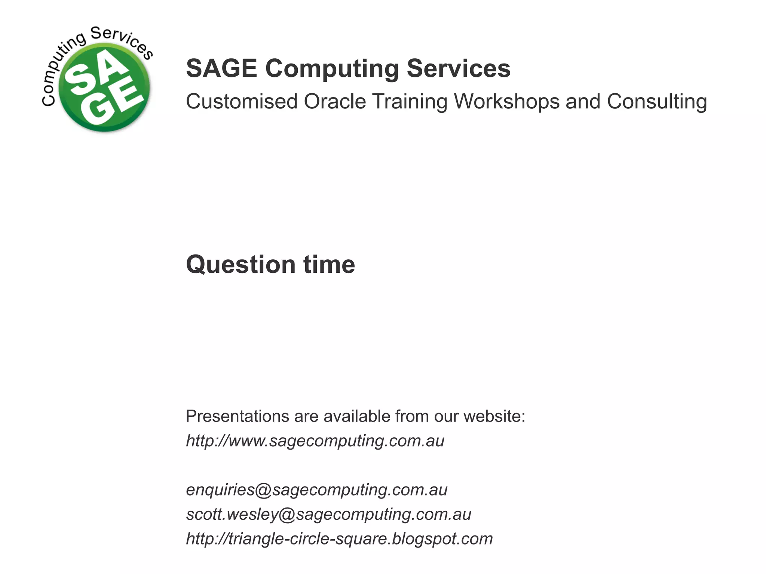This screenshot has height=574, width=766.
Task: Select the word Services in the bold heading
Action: point(459,68)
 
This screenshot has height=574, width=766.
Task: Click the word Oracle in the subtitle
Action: point(335,101)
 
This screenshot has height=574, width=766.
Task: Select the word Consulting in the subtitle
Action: point(657,102)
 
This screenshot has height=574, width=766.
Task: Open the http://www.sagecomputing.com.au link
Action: point(315,441)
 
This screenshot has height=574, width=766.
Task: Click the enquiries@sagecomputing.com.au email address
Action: point(316,490)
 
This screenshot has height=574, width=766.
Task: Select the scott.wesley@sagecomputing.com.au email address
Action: point(328,515)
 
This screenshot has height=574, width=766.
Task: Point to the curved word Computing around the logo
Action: point(60,71)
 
